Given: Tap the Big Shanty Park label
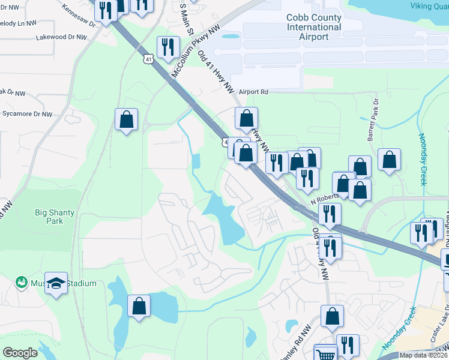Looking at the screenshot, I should (x=49, y=215).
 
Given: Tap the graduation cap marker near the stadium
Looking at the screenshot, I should (x=56, y=283).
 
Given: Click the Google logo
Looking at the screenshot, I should (x=20, y=353).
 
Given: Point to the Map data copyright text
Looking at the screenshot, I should (x=423, y=355).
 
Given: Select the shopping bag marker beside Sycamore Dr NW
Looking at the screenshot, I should (x=127, y=119).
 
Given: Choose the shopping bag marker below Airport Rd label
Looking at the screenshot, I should (x=246, y=118).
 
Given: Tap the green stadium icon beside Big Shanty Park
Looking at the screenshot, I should (x=22, y=281).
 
